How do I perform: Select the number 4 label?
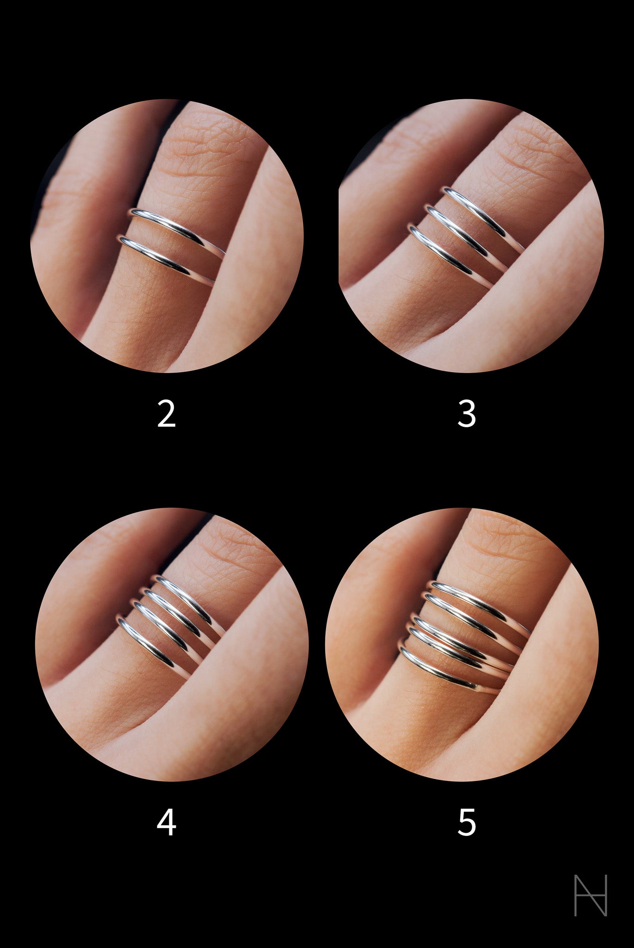(x=166, y=823)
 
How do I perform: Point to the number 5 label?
(x=466, y=823)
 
